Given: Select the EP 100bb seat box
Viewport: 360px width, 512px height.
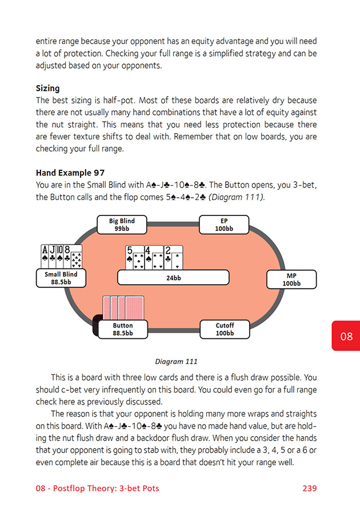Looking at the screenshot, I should click(x=224, y=225).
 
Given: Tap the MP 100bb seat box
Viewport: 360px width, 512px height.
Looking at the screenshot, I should click(x=291, y=279).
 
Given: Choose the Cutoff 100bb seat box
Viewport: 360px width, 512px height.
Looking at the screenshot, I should click(x=225, y=329).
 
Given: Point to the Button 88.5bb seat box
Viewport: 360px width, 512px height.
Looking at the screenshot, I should click(x=123, y=329).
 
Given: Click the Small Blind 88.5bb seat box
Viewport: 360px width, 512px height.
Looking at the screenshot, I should click(x=61, y=278).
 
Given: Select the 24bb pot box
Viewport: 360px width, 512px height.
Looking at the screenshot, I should click(x=173, y=278).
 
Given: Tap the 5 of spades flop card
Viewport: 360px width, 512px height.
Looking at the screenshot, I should click(x=134, y=257).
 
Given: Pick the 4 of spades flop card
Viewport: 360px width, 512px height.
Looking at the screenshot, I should click(x=154, y=257).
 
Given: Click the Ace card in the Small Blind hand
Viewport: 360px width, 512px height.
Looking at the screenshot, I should click(x=46, y=256).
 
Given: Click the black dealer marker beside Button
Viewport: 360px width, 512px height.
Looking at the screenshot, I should click(x=95, y=325).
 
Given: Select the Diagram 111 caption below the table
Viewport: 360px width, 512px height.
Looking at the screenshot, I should click(x=177, y=361).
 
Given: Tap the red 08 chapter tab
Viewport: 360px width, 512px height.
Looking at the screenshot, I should click(x=346, y=336).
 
